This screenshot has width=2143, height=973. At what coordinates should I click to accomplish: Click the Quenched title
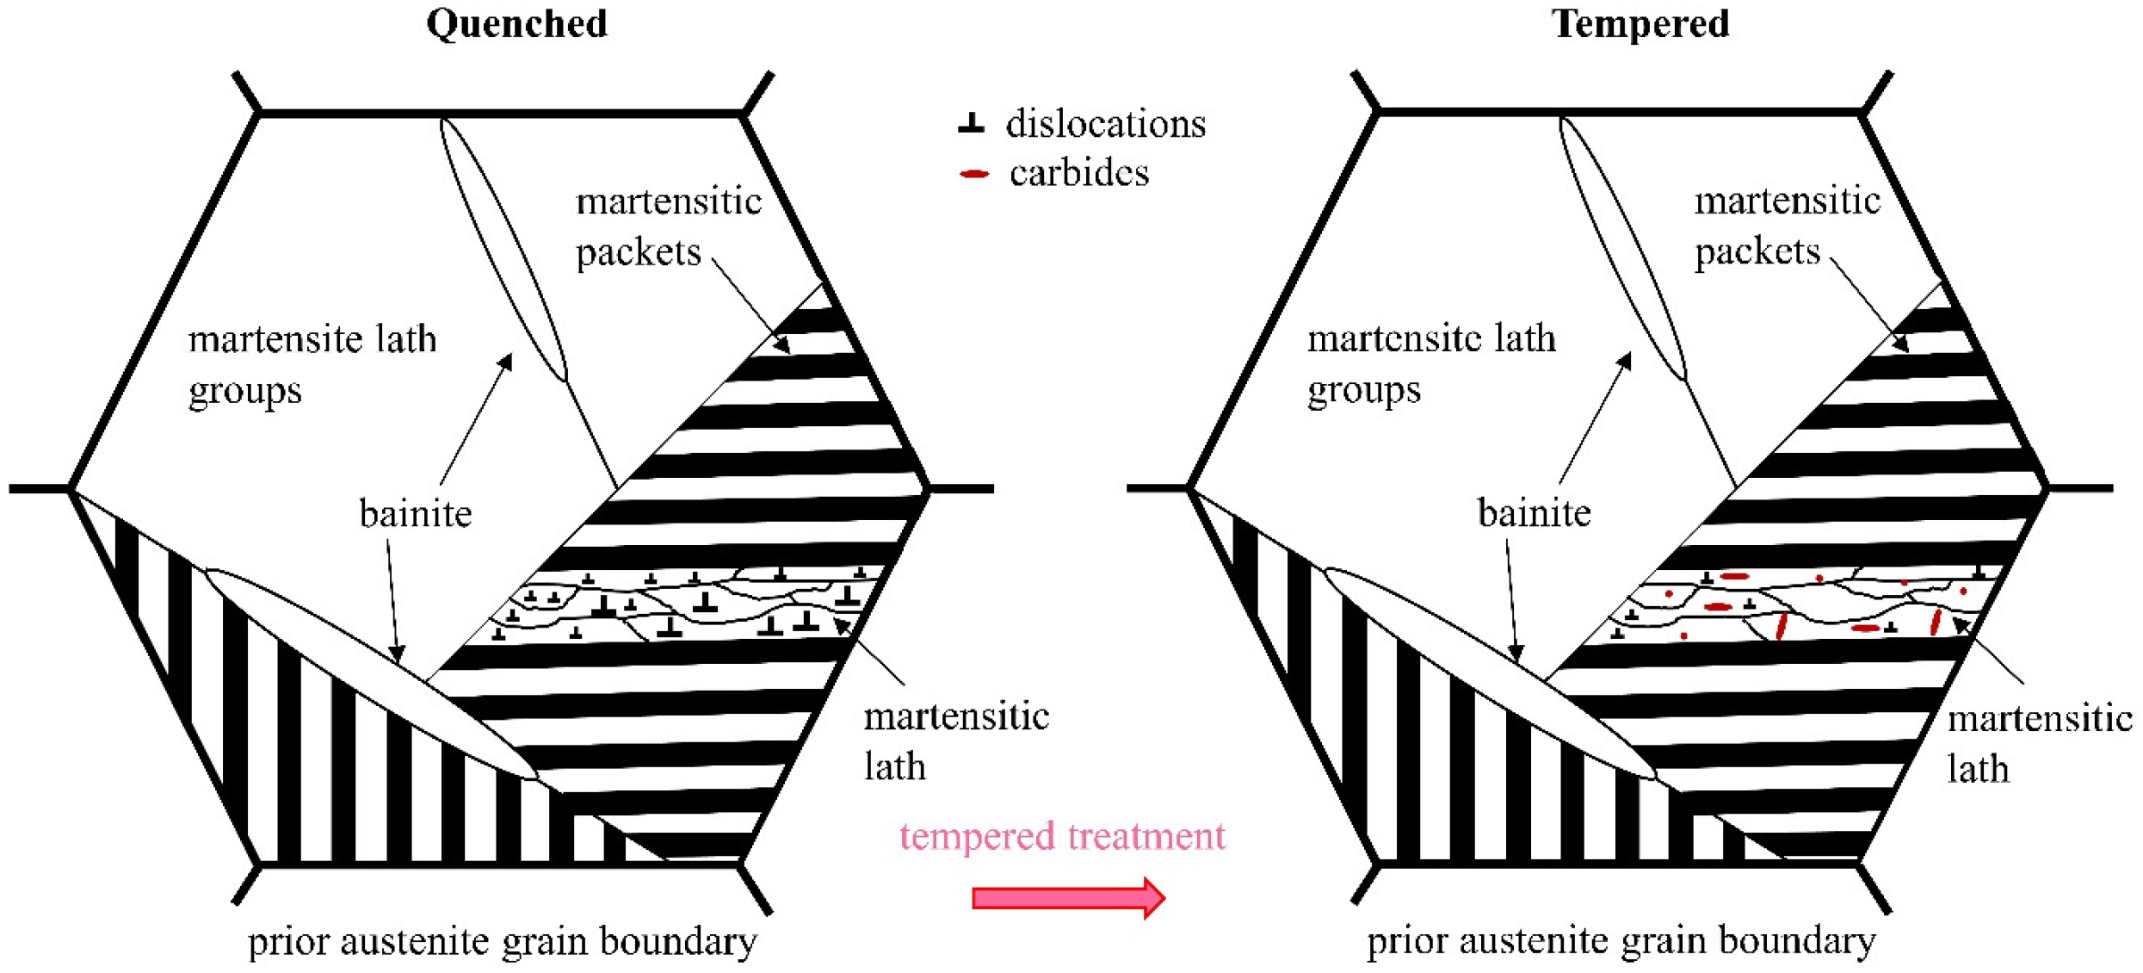516,23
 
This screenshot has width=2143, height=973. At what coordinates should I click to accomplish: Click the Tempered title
1640,23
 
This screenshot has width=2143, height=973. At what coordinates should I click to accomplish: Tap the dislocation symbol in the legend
971,123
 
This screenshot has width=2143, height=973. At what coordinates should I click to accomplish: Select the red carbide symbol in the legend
974,174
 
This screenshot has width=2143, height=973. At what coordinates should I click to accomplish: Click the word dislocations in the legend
1105,124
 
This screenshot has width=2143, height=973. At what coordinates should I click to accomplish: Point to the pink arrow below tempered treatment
1067,898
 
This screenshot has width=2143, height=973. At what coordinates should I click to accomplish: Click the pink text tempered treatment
1062,836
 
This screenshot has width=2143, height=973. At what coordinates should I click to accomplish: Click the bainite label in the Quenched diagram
416,514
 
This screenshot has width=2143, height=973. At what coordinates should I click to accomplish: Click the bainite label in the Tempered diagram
1534,514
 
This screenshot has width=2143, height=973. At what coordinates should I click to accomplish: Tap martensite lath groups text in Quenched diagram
312,364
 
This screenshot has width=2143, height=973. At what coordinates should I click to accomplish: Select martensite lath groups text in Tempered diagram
1430,364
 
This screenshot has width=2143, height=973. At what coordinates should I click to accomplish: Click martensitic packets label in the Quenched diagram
668,226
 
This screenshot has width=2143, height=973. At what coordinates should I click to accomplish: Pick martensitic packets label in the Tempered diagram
1787,226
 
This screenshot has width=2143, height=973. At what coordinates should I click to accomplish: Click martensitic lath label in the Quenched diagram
955,741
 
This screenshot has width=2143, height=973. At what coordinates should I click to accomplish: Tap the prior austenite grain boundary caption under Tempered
1621,940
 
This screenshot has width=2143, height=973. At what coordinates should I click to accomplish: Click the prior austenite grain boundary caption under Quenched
502,940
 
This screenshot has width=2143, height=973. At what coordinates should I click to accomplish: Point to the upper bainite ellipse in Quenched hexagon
503,250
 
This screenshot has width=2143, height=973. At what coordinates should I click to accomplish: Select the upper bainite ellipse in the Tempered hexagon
1622,250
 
